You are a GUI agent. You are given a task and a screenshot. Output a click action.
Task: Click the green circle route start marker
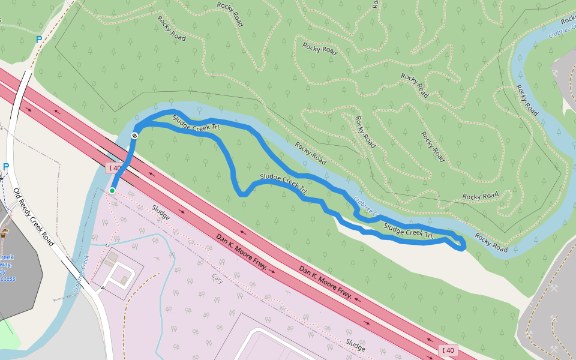click(x=112, y=191)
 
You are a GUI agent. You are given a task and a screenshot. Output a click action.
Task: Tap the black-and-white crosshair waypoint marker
click(x=135, y=136)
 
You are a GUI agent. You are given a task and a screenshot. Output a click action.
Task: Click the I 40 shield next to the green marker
click(x=114, y=168)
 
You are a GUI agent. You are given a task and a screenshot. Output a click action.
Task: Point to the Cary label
click(x=217, y=278)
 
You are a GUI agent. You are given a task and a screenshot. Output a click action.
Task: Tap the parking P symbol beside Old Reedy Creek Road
click(x=6, y=167)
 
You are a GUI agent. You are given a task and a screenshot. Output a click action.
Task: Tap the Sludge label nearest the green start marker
click(x=161, y=211)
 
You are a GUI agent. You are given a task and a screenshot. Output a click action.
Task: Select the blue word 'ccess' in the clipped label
click(x=8, y=278)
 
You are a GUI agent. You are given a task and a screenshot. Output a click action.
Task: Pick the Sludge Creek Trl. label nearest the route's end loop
click(x=409, y=232)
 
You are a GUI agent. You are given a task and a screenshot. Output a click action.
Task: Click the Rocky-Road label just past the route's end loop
click(x=491, y=242)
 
